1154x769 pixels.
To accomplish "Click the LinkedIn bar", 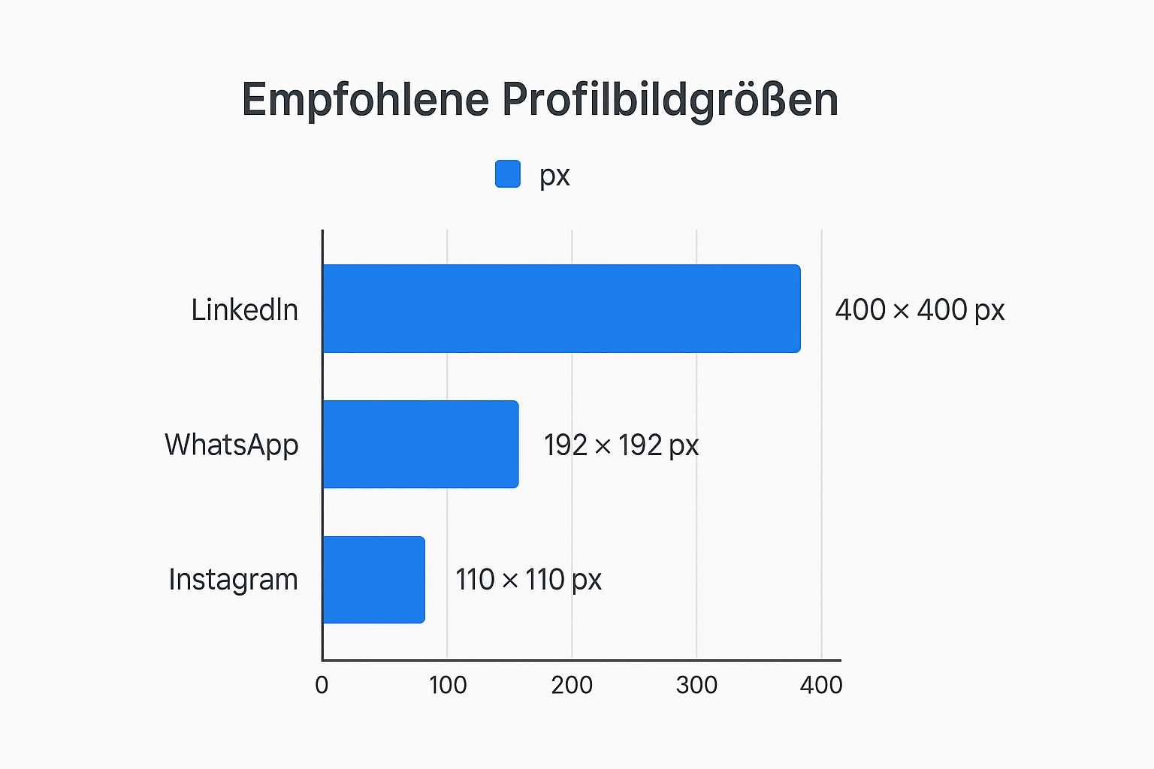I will pos(561,309).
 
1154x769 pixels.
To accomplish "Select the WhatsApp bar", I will pos(420,444).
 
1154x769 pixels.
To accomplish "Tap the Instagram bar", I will pos(373,579).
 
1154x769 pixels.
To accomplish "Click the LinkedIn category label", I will pos(244,309).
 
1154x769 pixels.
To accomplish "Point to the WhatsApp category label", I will pos(231,445).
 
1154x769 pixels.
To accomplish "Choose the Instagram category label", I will pos(233,580).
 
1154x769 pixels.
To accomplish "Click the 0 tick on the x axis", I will pos(322,685).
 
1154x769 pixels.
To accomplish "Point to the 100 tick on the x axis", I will pos(448,685).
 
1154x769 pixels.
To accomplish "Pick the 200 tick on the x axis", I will pos(572,685).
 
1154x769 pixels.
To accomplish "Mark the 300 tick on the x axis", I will pos(696,685).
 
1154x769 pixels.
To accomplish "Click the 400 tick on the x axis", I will pos(821,685).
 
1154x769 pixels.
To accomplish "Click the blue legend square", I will pos(508,173).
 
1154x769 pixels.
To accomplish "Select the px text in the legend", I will pos(554,176).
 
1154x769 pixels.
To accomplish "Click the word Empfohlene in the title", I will pos(365,99).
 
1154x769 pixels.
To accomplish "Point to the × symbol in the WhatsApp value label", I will pos(603,447).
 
